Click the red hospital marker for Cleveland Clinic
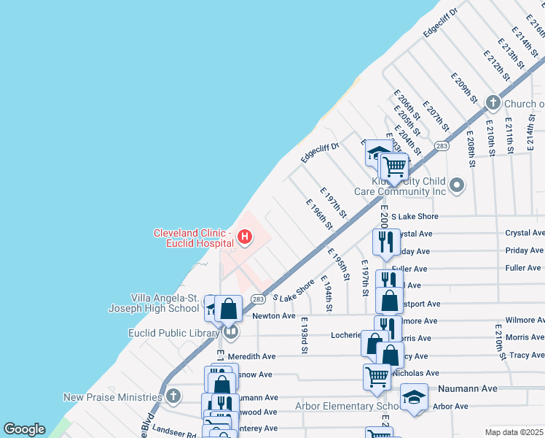[x=245, y=237]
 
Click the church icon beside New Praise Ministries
[x=173, y=396]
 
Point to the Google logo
[x=24, y=429]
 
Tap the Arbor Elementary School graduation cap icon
[x=414, y=396]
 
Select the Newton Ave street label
[x=273, y=316]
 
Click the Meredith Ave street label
[x=251, y=356]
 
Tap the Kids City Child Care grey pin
[x=457, y=185]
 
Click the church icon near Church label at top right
[x=493, y=103]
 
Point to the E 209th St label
[x=463, y=88]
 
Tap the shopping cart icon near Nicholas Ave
[x=377, y=376]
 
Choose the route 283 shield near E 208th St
[x=442, y=146]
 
